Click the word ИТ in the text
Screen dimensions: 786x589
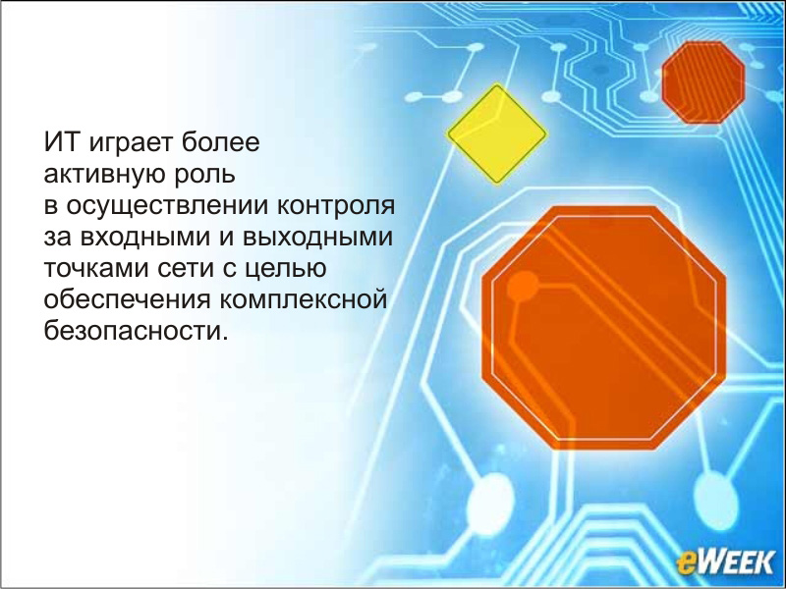point(61,141)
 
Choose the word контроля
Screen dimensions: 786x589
point(336,206)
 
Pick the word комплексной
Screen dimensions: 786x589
point(303,300)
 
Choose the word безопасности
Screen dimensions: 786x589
point(136,332)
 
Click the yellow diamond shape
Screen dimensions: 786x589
point(497,134)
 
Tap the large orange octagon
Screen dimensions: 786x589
point(604,328)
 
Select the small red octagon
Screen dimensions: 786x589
point(703,82)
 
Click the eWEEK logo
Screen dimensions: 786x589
point(725,562)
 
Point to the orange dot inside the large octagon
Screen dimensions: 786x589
point(523,287)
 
